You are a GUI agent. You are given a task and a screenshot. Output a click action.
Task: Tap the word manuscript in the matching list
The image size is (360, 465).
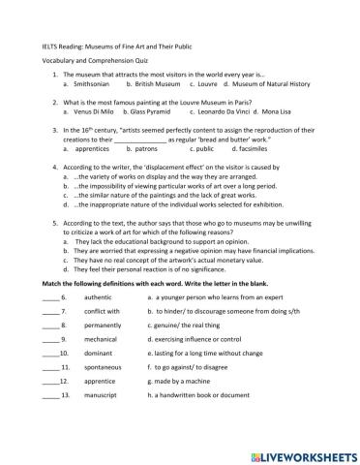pyautogui.click(x=102, y=395)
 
